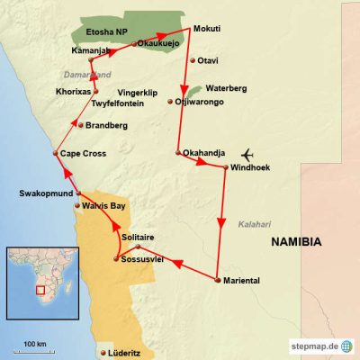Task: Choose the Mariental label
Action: pos(240,281)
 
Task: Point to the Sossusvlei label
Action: pos(145,259)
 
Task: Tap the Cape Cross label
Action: pos(83,154)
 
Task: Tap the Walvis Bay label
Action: pos(103,205)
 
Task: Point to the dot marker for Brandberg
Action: pos(79,124)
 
